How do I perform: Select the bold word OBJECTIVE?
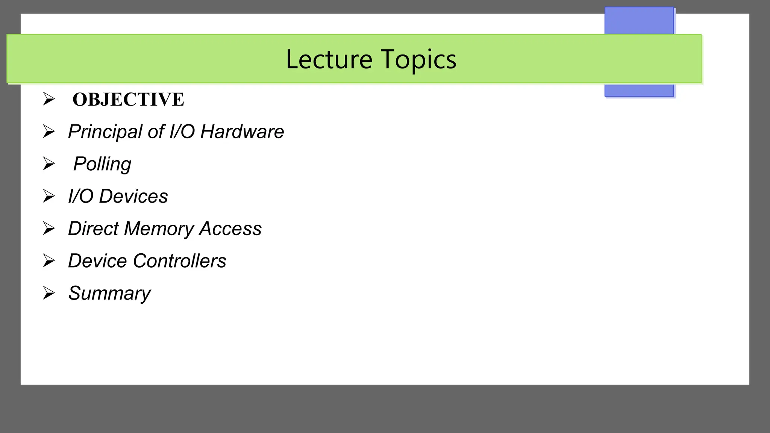[x=128, y=100]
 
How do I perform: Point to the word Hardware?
[x=242, y=132]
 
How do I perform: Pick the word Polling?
[x=102, y=164]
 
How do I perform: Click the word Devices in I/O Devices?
[x=133, y=196]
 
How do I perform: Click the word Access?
[x=230, y=229]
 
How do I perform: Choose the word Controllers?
[x=179, y=261]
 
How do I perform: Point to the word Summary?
[x=109, y=294]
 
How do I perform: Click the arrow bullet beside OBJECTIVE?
[x=49, y=99]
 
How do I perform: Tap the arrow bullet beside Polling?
[x=49, y=164]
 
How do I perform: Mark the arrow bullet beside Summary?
[x=49, y=293]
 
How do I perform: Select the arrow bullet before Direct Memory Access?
[x=49, y=229]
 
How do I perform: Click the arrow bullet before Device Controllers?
[x=49, y=261]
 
